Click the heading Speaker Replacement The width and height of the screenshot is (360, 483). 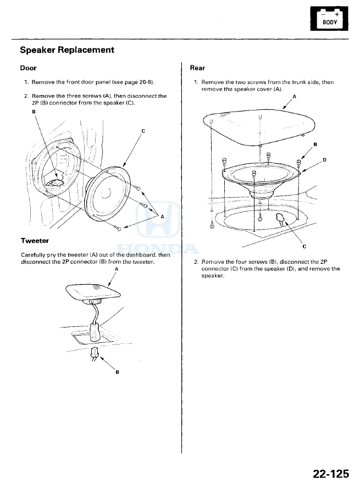(x=67, y=50)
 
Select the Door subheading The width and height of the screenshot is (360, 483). (x=28, y=69)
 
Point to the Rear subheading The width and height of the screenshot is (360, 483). (x=197, y=69)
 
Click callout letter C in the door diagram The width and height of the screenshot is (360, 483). (x=143, y=131)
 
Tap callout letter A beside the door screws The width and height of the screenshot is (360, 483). (x=162, y=216)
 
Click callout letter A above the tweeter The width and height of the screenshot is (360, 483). (x=117, y=270)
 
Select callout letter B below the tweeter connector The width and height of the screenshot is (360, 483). (x=117, y=373)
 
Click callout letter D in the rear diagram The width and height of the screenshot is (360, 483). (x=324, y=160)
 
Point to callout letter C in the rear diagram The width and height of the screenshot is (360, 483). (x=304, y=246)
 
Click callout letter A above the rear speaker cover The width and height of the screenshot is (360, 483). (x=293, y=96)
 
